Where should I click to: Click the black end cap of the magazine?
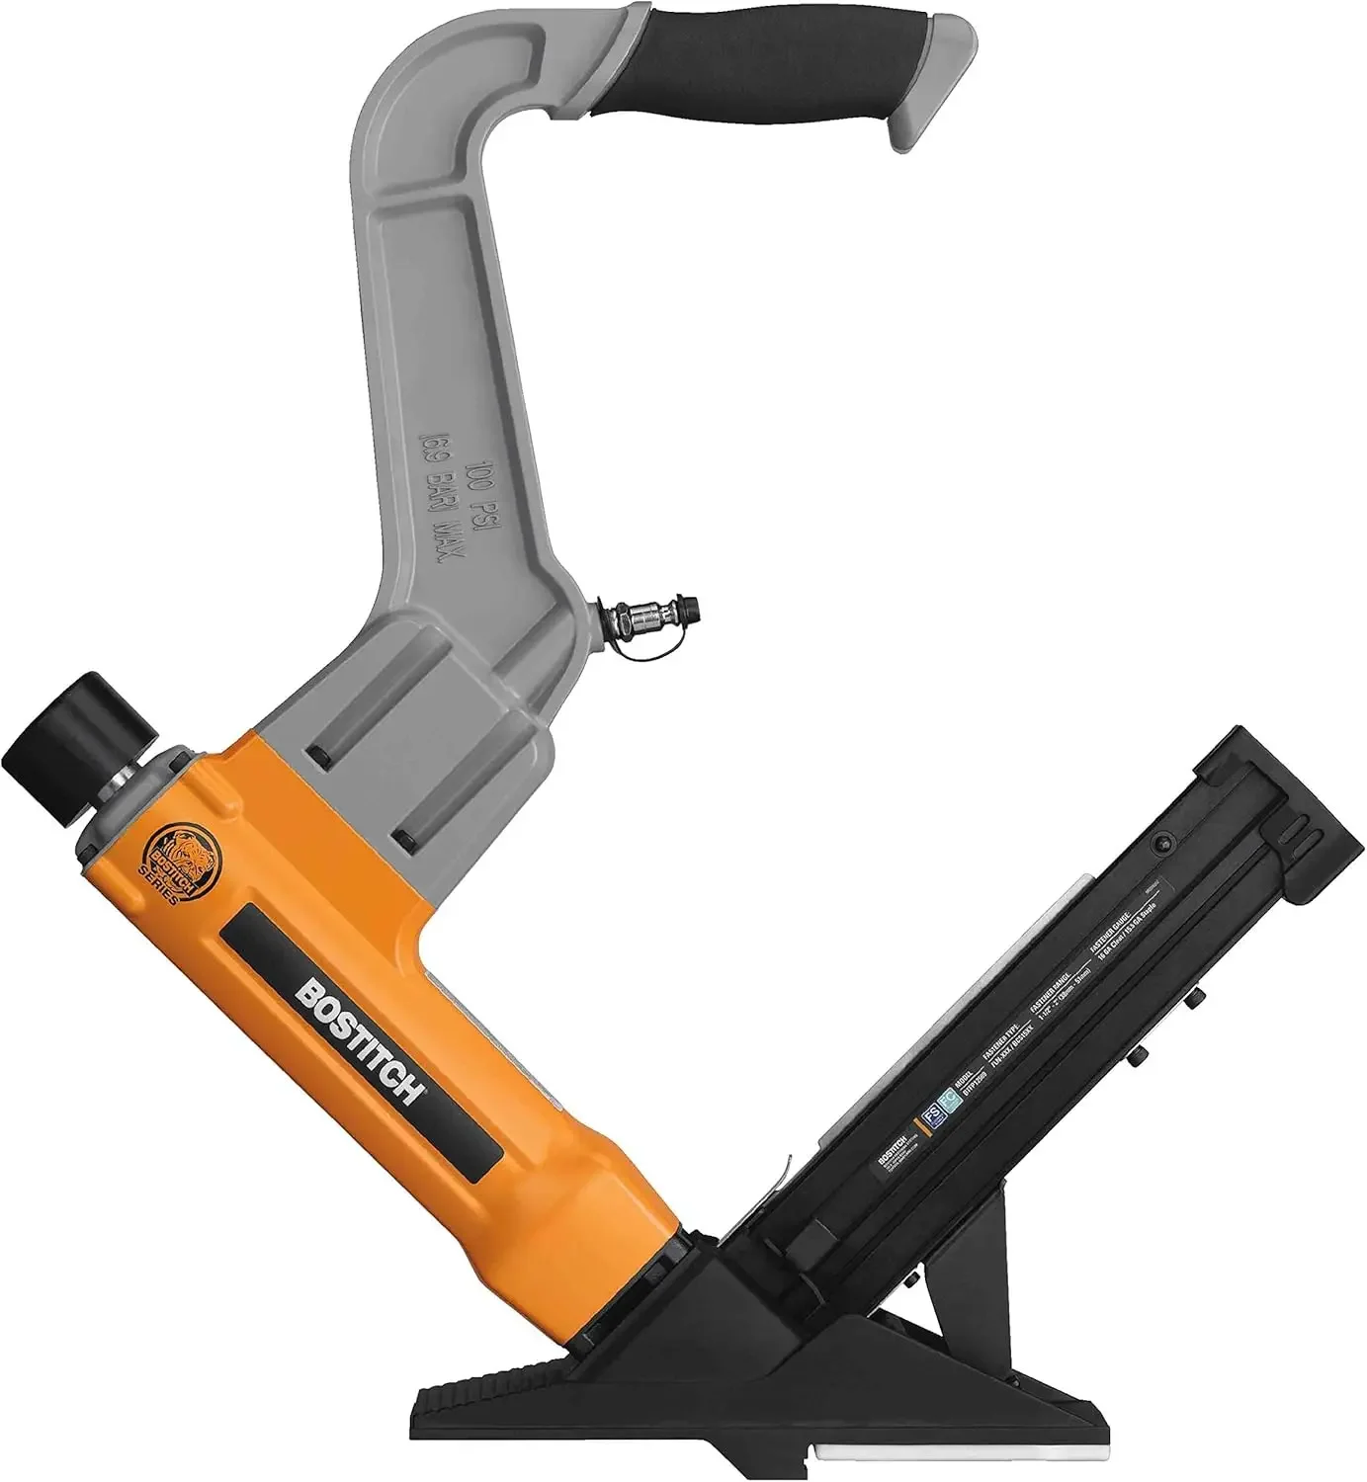(1275, 790)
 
